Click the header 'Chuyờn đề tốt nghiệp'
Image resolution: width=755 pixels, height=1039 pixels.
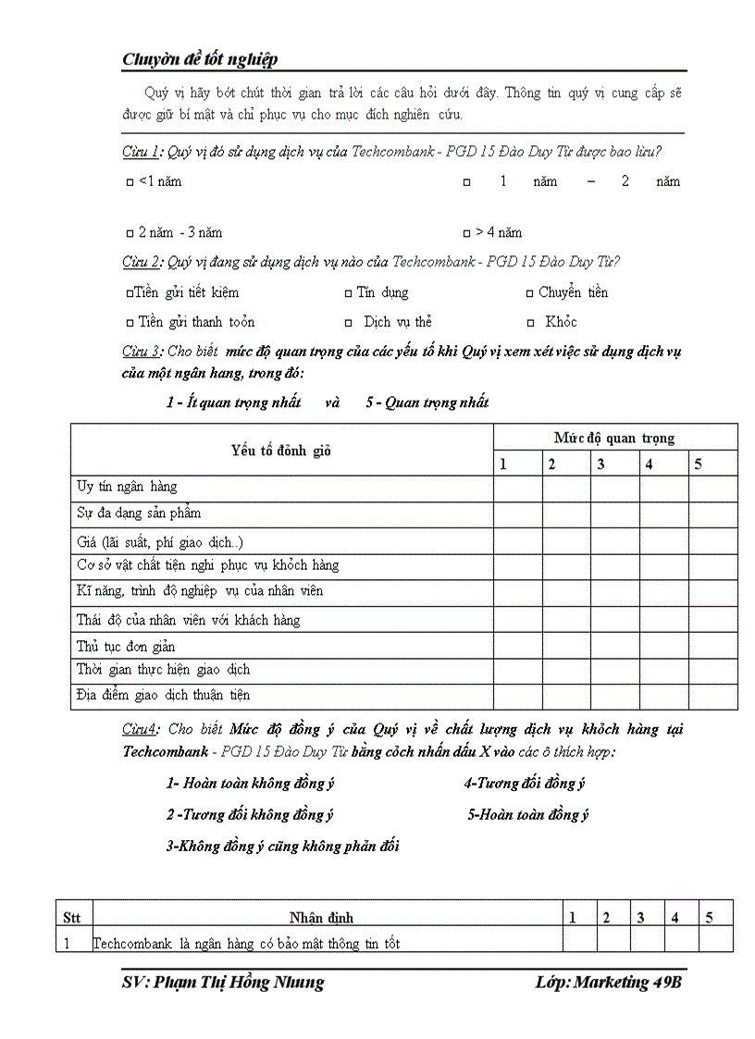(200, 59)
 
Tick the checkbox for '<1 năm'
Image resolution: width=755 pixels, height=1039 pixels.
(130, 182)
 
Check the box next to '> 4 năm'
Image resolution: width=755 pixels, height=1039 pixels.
(466, 233)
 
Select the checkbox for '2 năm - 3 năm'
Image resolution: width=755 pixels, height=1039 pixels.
(130, 233)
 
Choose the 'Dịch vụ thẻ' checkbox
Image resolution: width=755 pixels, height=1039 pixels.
(348, 323)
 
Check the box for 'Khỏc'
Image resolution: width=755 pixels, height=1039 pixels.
(531, 323)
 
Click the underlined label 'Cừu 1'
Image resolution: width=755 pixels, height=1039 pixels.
(142, 152)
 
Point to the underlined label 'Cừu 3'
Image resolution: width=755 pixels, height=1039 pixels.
(142, 352)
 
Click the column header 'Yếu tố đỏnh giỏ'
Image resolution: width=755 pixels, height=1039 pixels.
(281, 451)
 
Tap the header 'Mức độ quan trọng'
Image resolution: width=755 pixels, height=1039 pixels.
(614, 438)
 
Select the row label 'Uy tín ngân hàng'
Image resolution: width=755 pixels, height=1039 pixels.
(126, 487)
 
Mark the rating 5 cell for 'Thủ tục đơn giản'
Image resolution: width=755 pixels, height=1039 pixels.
(712, 646)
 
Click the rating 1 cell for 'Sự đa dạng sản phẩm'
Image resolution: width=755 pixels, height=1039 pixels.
(517, 513)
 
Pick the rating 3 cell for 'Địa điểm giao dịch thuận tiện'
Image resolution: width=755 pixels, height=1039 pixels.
(614, 696)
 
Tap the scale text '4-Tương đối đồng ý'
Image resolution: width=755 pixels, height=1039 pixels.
(525, 784)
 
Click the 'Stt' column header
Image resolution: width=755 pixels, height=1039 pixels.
(72, 918)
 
